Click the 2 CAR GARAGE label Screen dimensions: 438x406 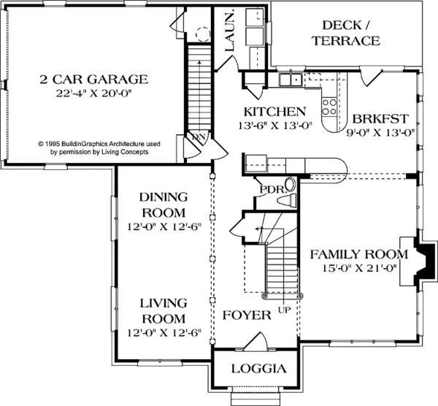point(93,80)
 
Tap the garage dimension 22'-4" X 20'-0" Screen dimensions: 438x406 point(93,93)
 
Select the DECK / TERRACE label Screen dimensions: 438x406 point(346,33)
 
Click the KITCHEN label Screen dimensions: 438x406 point(275,112)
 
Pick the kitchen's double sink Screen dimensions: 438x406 point(290,79)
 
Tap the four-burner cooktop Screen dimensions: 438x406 point(329,107)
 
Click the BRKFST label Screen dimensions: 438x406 point(380,119)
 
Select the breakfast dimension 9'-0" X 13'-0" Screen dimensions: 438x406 point(380,132)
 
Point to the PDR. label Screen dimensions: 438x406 point(274,190)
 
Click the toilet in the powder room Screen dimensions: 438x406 point(286,200)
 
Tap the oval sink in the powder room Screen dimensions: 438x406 point(291,185)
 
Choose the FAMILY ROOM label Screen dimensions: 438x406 point(359,254)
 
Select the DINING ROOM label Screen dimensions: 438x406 point(164,204)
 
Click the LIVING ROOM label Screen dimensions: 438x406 point(164,311)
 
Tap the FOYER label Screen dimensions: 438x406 point(247,315)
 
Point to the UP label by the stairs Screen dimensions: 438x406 point(285,310)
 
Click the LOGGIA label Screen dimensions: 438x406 point(259,369)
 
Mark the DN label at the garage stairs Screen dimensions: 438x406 point(199,137)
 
